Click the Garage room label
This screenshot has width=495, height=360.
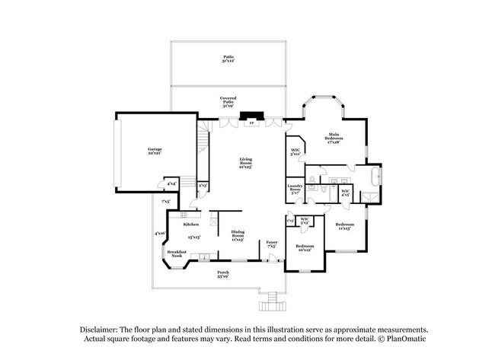pyautogui.click(x=155, y=151)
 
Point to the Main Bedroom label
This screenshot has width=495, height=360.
pyautogui.click(x=332, y=139)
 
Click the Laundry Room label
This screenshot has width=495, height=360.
pyautogui.click(x=295, y=188)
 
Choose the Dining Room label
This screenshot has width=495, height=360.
pyautogui.click(x=238, y=237)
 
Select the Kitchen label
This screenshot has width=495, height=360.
pyautogui.click(x=190, y=225)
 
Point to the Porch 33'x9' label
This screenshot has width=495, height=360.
pyautogui.click(x=223, y=274)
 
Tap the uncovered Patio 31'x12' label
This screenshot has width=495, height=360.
pyautogui.click(x=228, y=59)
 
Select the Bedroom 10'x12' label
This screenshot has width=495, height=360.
pyautogui.click(x=305, y=248)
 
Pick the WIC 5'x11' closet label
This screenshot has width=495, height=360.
pyautogui.click(x=296, y=151)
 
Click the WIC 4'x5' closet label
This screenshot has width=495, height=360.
pyautogui.click(x=345, y=193)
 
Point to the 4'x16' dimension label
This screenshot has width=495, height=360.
pyautogui.click(x=160, y=234)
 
